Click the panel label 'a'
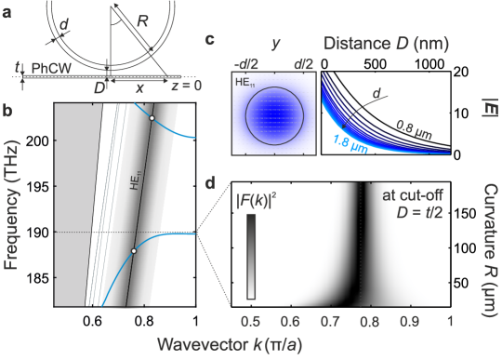click(7, 12)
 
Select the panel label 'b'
click(7, 112)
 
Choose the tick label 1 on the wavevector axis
click(450, 320)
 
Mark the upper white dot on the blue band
click(152, 118)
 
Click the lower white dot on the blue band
click(134, 251)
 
